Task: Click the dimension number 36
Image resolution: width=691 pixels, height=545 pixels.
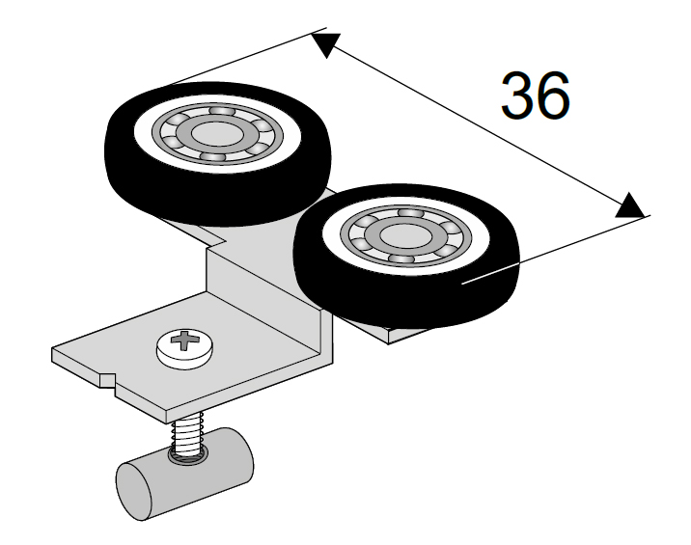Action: (x=535, y=95)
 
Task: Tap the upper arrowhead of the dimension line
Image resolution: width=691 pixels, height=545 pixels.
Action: (x=325, y=44)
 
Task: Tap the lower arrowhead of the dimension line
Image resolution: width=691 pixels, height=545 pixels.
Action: (x=628, y=204)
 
